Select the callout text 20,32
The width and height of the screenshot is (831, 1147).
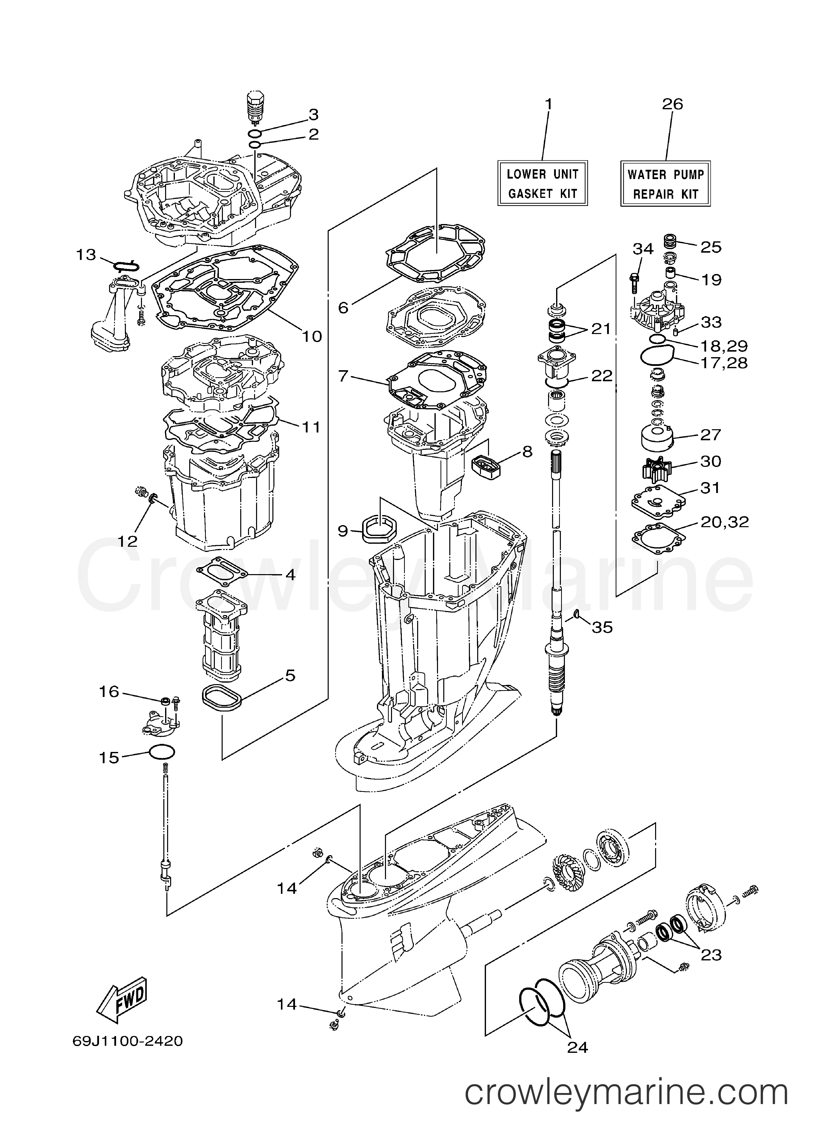click(x=724, y=522)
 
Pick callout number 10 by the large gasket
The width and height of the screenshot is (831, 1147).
click(x=312, y=336)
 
